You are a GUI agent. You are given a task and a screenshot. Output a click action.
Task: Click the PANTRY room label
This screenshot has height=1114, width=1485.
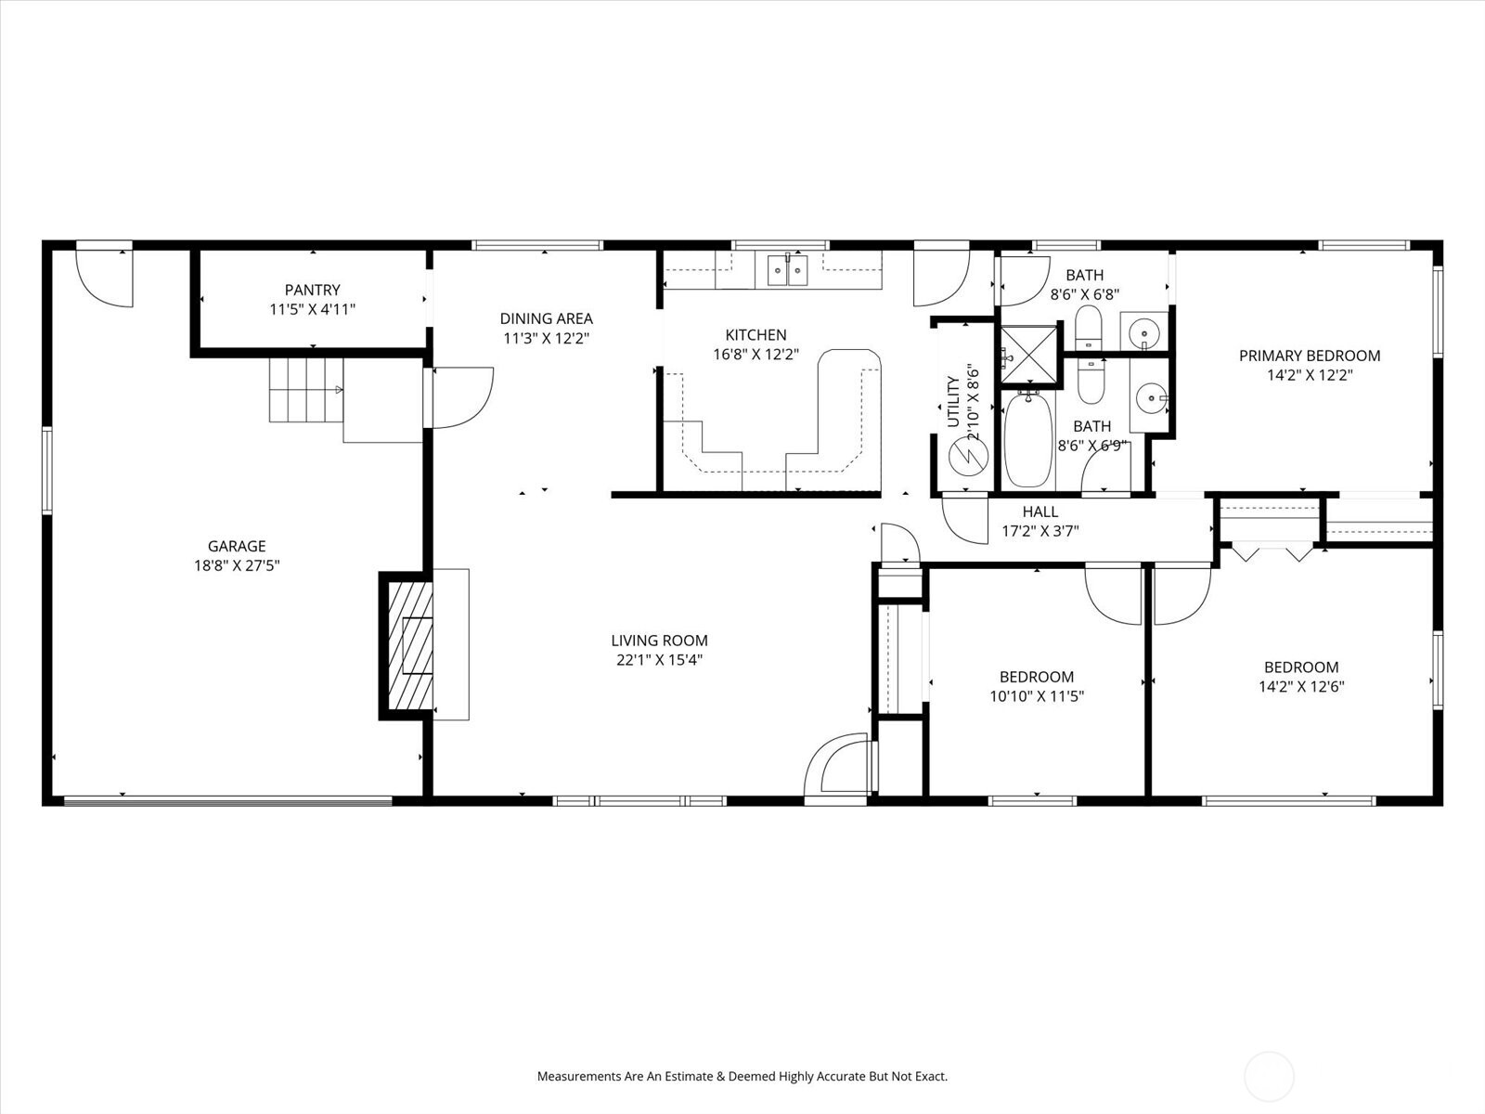pos(312,290)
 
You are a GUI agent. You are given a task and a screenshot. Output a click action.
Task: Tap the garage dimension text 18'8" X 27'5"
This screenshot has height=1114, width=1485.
pos(236,565)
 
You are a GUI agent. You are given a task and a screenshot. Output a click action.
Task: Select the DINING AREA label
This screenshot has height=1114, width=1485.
pos(546,318)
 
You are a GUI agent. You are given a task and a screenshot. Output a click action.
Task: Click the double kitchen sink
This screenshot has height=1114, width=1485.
pos(788,269)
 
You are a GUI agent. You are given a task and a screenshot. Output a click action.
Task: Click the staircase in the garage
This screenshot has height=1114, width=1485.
pos(305,389)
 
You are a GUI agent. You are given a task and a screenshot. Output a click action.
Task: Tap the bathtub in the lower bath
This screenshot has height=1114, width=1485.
pos(1027,440)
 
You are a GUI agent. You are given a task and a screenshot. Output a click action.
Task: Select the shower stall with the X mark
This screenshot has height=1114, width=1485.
pos(1027,355)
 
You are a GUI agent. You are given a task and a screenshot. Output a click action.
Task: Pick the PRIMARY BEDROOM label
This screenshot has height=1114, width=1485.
pos(1309,356)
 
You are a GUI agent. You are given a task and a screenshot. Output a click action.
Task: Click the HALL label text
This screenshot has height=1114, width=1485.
pos(1039,512)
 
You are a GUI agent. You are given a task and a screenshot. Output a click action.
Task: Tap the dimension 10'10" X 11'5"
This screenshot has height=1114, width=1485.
pos(1037,696)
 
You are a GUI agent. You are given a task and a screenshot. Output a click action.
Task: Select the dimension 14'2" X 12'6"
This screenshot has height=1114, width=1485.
pos(1301,687)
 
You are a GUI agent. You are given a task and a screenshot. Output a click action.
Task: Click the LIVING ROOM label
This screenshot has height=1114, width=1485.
pos(659,641)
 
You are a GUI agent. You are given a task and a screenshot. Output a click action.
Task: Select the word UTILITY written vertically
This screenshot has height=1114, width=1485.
pos(953,401)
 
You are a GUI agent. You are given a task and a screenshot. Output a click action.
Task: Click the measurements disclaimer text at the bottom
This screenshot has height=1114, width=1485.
pos(742,1077)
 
